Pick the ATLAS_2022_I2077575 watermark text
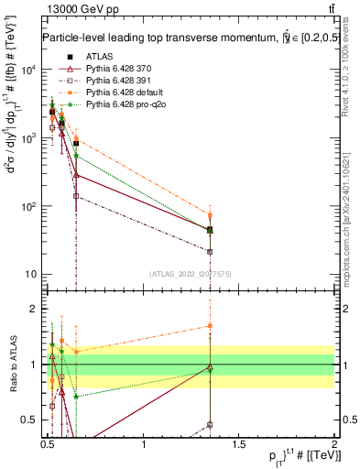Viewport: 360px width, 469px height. [191, 273]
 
